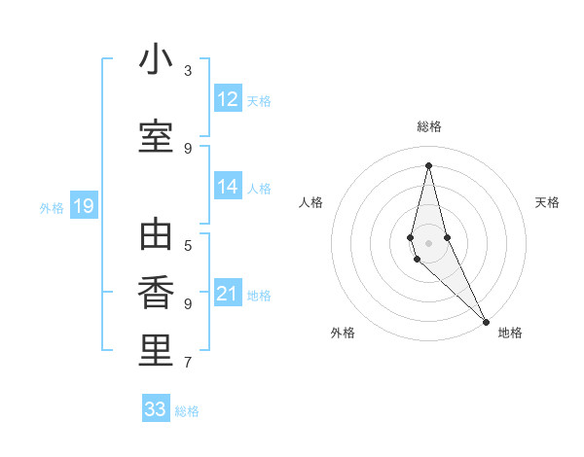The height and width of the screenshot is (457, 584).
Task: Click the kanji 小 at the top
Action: click(x=156, y=61)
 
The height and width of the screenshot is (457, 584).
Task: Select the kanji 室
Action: click(x=156, y=136)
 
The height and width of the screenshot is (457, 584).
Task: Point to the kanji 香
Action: click(x=156, y=293)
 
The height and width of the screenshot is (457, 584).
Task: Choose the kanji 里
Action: click(x=156, y=351)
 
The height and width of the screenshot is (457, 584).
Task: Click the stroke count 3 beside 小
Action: click(x=188, y=71)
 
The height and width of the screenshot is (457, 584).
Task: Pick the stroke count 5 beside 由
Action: click(x=188, y=245)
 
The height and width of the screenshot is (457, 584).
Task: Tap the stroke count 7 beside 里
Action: click(x=188, y=363)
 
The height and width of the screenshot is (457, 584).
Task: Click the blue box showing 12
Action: click(x=228, y=99)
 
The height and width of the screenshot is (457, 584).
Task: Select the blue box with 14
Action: click(x=228, y=187)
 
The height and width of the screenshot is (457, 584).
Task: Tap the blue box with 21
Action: click(x=228, y=294)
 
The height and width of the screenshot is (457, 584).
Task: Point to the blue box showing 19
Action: click(x=83, y=206)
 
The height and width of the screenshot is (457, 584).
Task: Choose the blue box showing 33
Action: click(x=156, y=409)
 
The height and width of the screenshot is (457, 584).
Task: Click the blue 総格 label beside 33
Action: click(x=187, y=411)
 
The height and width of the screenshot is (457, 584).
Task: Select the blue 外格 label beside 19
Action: click(x=52, y=207)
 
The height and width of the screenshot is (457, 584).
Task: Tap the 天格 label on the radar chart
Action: click(x=547, y=202)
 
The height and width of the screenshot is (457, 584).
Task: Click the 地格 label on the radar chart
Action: click(x=510, y=333)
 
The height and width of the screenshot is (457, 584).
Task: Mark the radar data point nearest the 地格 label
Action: click(x=486, y=321)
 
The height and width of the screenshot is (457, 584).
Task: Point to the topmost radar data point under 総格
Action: click(x=428, y=165)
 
